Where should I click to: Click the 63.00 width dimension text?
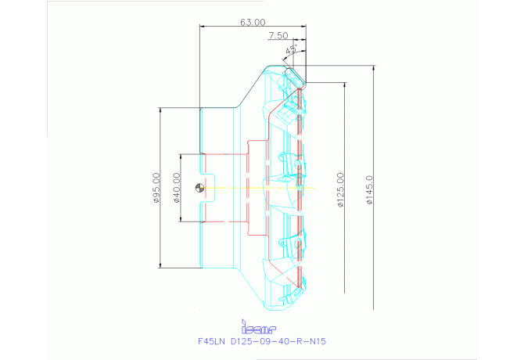253,23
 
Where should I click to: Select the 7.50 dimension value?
278,36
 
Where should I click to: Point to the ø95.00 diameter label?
156,188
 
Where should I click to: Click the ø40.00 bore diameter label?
177,188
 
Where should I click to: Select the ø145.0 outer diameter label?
369,189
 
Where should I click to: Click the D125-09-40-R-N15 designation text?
275,341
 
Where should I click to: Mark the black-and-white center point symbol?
201,188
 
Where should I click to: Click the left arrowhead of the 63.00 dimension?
203,27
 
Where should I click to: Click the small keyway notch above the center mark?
205,169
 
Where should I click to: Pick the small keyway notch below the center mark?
205,207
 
